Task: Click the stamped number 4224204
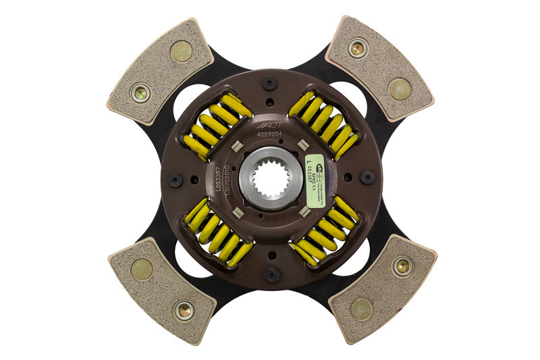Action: point(270,134)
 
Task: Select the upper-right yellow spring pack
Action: point(323,125)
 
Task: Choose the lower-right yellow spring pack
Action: point(324,230)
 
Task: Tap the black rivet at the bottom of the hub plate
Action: point(271,274)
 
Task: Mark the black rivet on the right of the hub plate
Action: point(367,178)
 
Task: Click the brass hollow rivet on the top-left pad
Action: point(141,93)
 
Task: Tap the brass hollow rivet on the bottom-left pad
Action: point(183,310)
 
